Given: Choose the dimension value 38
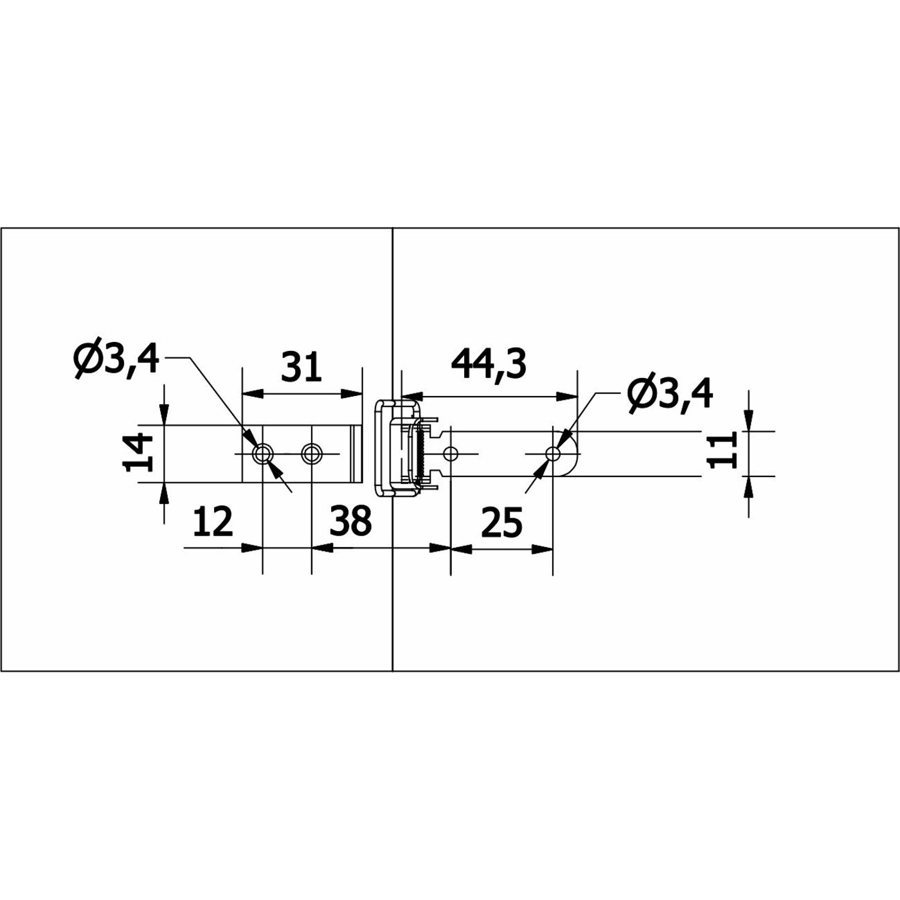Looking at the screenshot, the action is point(351,520).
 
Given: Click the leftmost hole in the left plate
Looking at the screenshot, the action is point(262,453).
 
